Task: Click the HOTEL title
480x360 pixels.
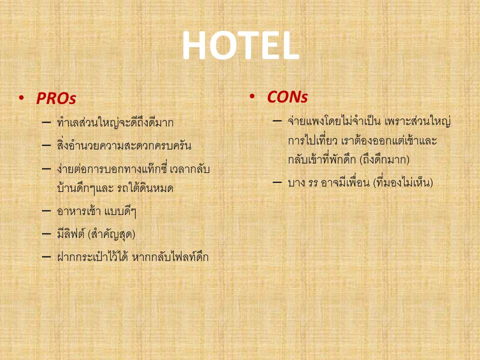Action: click(240, 45)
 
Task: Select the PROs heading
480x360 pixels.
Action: click(56, 98)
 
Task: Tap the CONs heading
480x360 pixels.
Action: click(287, 97)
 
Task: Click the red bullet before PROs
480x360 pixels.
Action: click(21, 98)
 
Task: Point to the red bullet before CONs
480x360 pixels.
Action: click(252, 96)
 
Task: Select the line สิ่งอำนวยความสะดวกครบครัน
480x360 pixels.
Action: click(124, 145)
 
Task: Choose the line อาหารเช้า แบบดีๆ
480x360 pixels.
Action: click(96, 211)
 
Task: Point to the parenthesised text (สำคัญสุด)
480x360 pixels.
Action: click(111, 234)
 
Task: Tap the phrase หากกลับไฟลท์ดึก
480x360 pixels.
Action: click(170, 257)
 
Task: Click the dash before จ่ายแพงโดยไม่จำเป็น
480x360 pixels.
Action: click(277, 121)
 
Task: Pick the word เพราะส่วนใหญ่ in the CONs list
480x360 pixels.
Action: click(418, 121)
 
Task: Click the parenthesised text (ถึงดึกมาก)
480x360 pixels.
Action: click(384, 159)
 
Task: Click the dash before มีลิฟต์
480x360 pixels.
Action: click(46, 234)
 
